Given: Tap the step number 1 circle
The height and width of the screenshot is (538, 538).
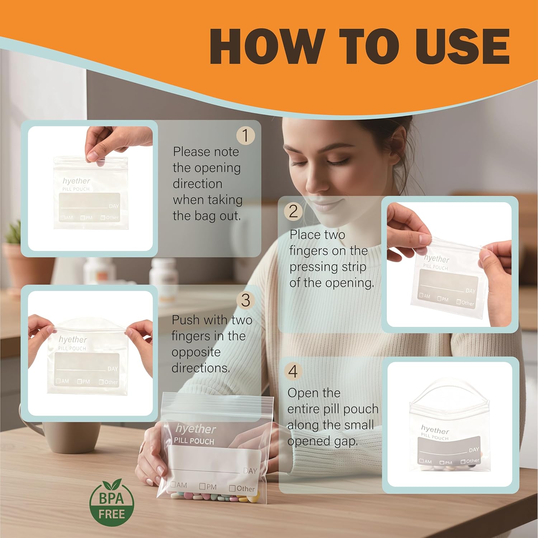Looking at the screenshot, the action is pyautogui.click(x=245, y=136).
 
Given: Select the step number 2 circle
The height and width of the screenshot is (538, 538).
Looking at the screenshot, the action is pyautogui.click(x=293, y=211).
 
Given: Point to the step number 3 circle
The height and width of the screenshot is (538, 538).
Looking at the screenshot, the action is pyautogui.click(x=245, y=300).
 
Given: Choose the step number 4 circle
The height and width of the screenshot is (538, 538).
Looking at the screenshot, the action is pyautogui.click(x=293, y=371).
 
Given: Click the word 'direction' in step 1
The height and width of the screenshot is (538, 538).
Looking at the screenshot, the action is pyautogui.click(x=197, y=184).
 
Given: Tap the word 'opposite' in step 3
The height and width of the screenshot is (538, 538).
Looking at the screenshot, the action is pyautogui.click(x=196, y=353).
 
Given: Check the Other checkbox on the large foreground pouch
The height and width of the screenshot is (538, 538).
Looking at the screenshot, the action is pyautogui.click(x=232, y=488).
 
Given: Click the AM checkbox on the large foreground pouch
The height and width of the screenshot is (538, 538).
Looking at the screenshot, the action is pyautogui.click(x=173, y=485).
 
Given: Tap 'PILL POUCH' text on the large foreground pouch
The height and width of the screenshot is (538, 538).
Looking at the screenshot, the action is pyautogui.click(x=194, y=441).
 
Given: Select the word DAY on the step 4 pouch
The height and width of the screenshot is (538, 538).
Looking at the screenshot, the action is pyautogui.click(x=474, y=450).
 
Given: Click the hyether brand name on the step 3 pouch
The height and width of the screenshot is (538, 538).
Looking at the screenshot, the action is pyautogui.click(x=73, y=339).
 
